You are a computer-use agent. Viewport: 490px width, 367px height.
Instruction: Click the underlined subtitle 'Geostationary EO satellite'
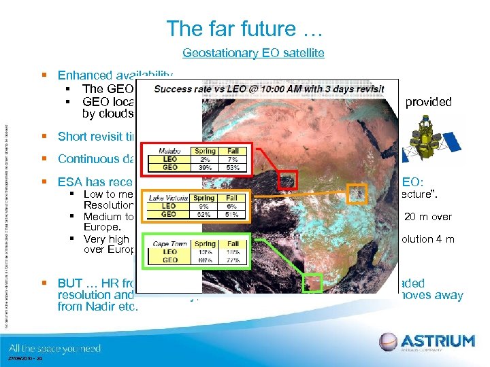tap(253, 52)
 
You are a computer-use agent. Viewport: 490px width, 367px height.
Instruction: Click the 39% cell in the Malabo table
tap(204, 167)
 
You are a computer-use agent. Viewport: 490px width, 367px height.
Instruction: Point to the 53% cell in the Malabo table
tap(233, 167)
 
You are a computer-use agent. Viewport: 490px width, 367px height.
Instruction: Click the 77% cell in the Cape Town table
tap(233, 259)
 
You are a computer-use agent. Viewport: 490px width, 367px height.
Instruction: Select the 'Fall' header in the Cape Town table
tap(233, 242)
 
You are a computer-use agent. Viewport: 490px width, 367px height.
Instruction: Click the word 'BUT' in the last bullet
tap(73, 283)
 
